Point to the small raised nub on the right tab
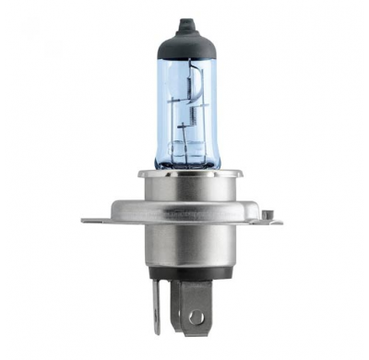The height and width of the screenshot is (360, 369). [267, 214]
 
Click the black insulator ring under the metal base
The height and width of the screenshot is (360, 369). [184, 274]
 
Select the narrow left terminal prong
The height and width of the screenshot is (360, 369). [156, 305]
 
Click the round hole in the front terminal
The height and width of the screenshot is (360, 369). [196, 317]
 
